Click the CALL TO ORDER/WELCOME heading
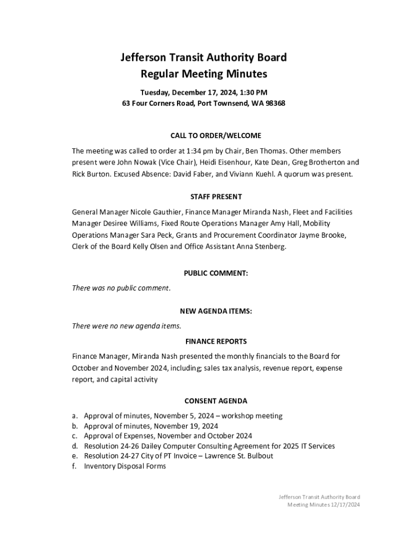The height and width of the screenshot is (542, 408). click(x=216, y=136)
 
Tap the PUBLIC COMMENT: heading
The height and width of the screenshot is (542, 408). click(x=216, y=274)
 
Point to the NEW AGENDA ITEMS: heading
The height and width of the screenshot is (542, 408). click(x=216, y=312)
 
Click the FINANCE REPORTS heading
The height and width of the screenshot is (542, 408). click(x=216, y=341)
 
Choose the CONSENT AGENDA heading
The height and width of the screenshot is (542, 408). click(x=216, y=401)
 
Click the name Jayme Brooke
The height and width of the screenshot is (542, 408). click(x=323, y=235)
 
